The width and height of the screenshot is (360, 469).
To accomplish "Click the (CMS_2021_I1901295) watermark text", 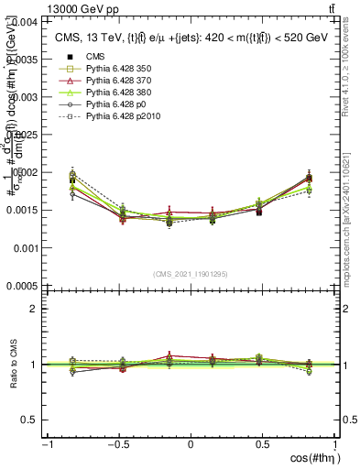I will pos(191,274).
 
